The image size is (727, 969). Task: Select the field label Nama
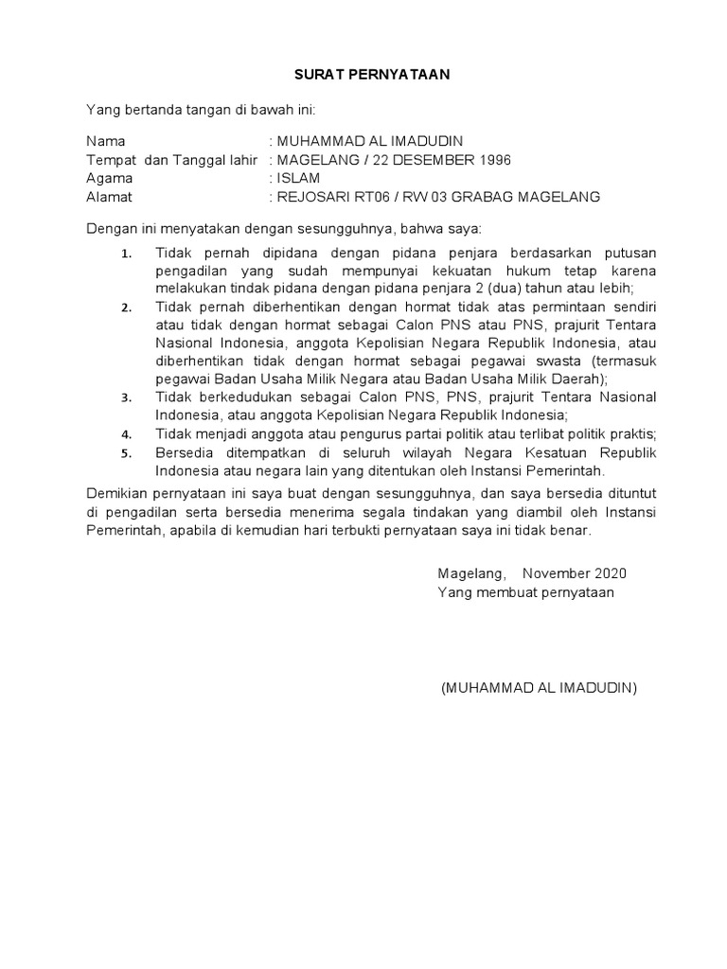point(105,141)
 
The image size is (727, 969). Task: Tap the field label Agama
point(110,178)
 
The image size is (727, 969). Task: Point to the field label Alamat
point(110,197)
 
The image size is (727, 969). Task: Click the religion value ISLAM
point(298,178)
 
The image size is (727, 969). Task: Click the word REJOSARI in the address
point(312,197)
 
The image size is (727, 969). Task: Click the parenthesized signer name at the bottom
point(539,687)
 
